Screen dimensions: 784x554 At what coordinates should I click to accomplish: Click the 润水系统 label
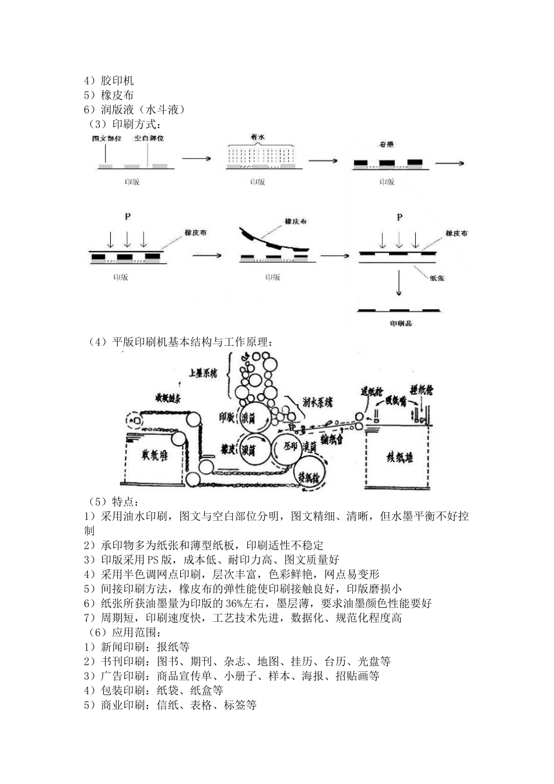coord(318,402)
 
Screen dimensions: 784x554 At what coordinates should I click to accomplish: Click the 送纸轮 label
coord(371,391)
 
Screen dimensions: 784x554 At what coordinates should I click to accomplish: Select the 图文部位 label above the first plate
coord(107,138)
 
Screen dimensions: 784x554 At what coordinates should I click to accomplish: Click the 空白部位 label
coord(149,138)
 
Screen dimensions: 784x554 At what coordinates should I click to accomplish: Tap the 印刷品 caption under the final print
coord(399,323)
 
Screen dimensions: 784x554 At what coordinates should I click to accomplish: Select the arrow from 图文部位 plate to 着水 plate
coord(196,157)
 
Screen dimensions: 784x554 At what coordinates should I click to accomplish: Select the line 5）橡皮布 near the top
coord(109,95)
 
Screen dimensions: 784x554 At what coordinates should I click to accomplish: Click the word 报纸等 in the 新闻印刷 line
coord(173,647)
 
